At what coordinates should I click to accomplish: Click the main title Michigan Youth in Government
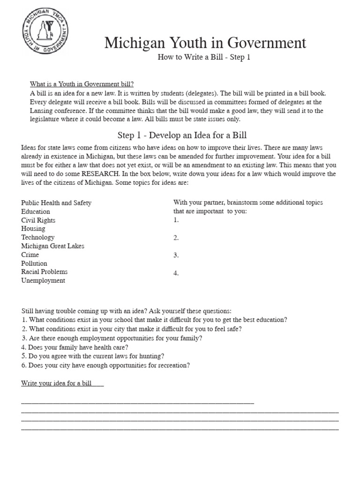[x=205, y=43]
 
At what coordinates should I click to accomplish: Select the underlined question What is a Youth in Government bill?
[x=82, y=84]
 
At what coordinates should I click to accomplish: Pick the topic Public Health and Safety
[x=56, y=203]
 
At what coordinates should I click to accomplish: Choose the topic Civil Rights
[x=38, y=220]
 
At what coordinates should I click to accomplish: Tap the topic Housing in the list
[x=33, y=229]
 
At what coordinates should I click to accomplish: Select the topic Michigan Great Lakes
[x=53, y=246]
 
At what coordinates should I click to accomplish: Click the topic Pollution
[x=34, y=263]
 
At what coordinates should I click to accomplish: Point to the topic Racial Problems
[x=45, y=272]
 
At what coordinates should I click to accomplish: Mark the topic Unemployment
[x=43, y=281]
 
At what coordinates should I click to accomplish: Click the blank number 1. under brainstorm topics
[x=176, y=220]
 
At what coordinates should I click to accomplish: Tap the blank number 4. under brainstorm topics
[x=176, y=273]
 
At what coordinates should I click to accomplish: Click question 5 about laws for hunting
[x=92, y=356]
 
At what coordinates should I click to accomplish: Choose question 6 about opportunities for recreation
[x=105, y=365]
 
